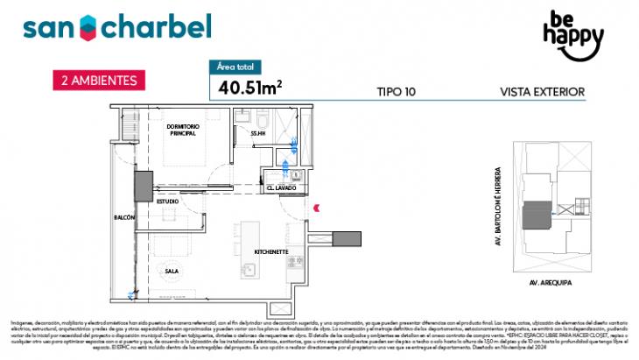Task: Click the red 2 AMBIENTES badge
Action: (x=98, y=80)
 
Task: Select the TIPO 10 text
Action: (x=396, y=91)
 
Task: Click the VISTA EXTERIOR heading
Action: (x=541, y=91)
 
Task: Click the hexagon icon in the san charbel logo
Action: (x=88, y=27)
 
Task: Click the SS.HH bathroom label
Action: (x=257, y=133)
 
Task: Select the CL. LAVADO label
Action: (x=282, y=188)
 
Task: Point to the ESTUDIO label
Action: (x=168, y=201)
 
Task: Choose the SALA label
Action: (x=172, y=272)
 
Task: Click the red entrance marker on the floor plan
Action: (x=317, y=207)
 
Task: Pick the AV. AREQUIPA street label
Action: (x=551, y=284)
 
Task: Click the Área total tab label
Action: (x=236, y=67)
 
